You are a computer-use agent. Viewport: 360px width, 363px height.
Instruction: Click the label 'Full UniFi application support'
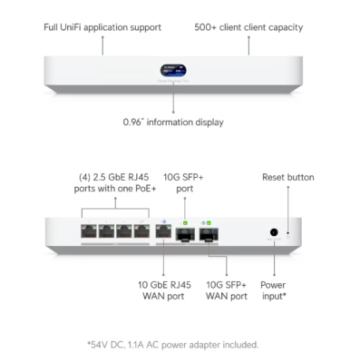102,27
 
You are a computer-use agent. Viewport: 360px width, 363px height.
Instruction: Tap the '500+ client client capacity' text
248,27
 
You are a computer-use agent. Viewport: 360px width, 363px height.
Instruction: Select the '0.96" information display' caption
173,121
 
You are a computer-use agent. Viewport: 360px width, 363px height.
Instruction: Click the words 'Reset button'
288,177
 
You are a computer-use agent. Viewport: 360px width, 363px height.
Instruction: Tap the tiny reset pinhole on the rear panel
289,233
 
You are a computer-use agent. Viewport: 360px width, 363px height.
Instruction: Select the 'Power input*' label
273,289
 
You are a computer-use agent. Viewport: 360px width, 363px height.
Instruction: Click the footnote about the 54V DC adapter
172,344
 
